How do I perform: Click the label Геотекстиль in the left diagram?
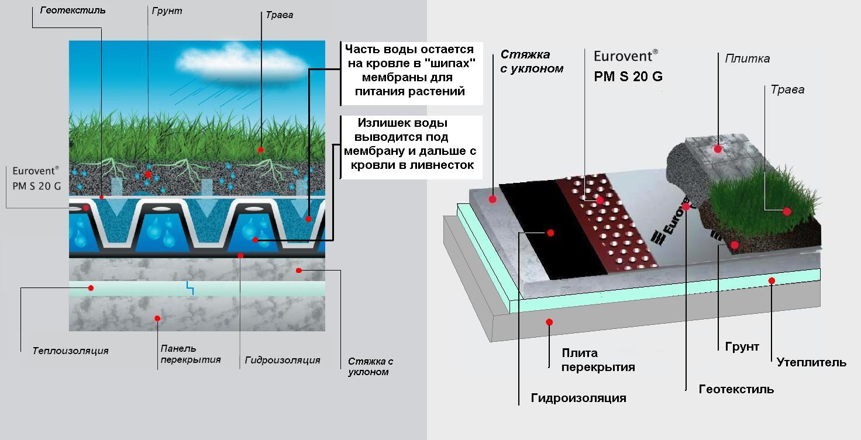(73, 11)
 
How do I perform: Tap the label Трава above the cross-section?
(280, 15)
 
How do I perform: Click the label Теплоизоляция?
(70, 351)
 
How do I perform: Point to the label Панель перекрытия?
(191, 354)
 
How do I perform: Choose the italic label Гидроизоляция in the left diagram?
(283, 360)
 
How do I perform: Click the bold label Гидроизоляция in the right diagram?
(578, 398)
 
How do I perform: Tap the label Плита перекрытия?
(598, 360)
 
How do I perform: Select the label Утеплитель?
(811, 362)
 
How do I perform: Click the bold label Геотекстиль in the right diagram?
(736, 389)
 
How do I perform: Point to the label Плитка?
(747, 59)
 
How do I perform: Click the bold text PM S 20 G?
(628, 77)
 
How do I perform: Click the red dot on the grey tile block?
(718, 148)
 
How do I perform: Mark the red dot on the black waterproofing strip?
(550, 233)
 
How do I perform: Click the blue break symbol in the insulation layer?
(190, 288)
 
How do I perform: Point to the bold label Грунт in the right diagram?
(742, 347)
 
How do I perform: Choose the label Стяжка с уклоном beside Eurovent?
(532, 61)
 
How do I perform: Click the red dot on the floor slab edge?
(549, 322)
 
